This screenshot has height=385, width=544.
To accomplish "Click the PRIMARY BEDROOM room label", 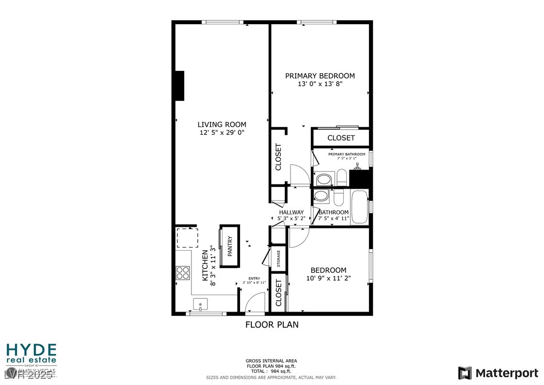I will point(320,76).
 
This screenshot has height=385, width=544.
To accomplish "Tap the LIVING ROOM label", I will point(222,125).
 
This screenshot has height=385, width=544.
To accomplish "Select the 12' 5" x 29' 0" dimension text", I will point(222,133).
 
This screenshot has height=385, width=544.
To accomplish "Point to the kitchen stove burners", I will point(183,272).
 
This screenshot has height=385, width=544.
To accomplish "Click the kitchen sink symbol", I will point(200,303).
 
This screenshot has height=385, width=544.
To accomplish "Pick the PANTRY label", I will point(230,246).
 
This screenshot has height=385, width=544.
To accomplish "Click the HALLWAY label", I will point(292,212).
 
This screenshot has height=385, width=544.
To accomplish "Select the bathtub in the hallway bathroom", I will point(359,207).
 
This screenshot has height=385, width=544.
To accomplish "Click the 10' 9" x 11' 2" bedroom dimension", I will point(328,279).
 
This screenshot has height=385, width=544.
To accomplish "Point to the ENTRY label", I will point(254,279).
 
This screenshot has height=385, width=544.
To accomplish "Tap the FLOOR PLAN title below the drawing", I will point(271,325).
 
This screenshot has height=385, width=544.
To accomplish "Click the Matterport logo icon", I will point(465,373).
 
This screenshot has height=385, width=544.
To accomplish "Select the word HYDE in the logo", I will point(31,349).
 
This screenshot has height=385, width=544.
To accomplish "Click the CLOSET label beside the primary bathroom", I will point(341,138).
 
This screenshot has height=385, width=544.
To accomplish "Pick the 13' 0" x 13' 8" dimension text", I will point(320,84).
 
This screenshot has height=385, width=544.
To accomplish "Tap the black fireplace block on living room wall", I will point(179,85).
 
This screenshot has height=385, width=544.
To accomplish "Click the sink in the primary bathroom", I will point(324,180).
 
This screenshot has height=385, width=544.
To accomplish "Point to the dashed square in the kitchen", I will point(186,238).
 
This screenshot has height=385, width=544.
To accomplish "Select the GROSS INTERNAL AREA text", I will point(271,361).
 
